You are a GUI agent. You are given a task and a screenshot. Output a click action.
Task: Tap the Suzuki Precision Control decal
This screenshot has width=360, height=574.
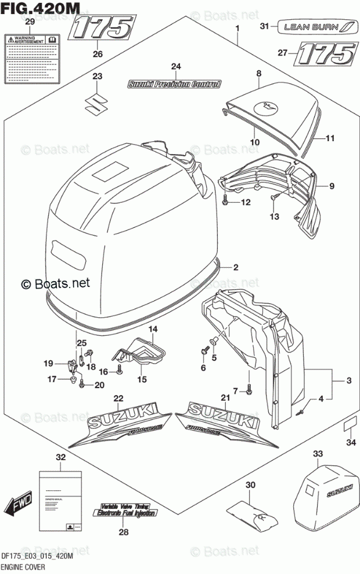point(174,84)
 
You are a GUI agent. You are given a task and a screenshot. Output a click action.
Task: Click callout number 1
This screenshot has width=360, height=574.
point(237,28)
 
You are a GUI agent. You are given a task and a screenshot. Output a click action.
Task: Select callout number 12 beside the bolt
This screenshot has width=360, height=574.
point(246,202)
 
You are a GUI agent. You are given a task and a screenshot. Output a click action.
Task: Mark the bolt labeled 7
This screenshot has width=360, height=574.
point(249,391)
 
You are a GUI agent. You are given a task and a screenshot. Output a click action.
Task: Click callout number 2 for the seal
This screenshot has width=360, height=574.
point(236,268)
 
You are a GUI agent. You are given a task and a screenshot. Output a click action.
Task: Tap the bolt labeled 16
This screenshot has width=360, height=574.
point(118,371)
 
